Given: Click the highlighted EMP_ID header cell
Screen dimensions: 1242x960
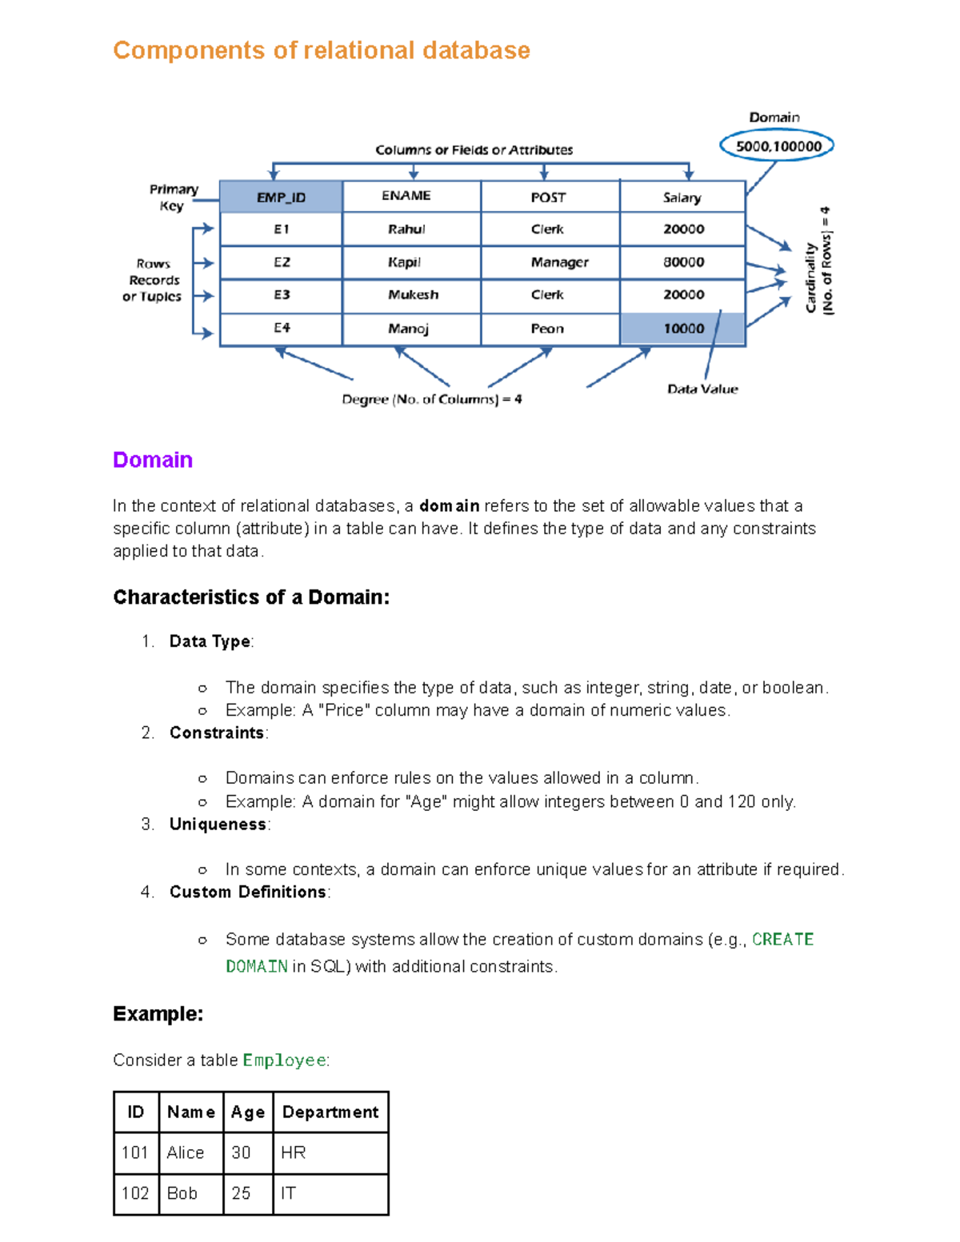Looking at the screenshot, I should pyautogui.click(x=281, y=197).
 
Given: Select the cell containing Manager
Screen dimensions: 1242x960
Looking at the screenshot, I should pyautogui.click(x=559, y=262).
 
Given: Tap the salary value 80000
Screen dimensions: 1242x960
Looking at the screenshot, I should pyautogui.click(x=683, y=262).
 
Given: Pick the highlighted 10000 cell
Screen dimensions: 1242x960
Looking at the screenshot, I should pyautogui.click(x=683, y=329).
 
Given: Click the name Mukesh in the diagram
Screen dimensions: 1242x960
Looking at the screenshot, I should pyautogui.click(x=413, y=295).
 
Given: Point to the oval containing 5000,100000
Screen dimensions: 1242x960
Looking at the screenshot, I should pyautogui.click(x=778, y=146).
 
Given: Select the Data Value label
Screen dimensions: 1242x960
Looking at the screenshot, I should pyautogui.click(x=702, y=389).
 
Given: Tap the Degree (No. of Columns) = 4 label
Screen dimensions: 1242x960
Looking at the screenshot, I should pyautogui.click(x=432, y=399).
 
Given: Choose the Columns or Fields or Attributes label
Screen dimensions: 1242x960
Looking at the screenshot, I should pyautogui.click(x=474, y=150).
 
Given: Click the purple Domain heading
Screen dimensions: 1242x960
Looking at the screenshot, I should pyautogui.click(x=153, y=460).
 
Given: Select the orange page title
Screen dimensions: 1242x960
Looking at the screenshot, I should pyautogui.click(x=322, y=50).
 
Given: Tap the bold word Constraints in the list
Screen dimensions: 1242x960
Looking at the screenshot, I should pyautogui.click(x=217, y=733).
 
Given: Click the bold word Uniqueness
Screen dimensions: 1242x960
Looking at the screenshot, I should pyautogui.click(x=218, y=824).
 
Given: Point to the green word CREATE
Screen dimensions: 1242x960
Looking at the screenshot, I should pyautogui.click(x=782, y=940).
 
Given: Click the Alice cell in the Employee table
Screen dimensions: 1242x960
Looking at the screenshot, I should pyautogui.click(x=186, y=1152).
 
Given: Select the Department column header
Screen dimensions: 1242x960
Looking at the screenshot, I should pyautogui.click(x=330, y=1112).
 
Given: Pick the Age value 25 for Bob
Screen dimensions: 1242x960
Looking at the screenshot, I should pyautogui.click(x=241, y=1193).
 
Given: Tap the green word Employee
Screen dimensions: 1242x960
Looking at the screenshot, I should pyautogui.click(x=284, y=1060).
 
